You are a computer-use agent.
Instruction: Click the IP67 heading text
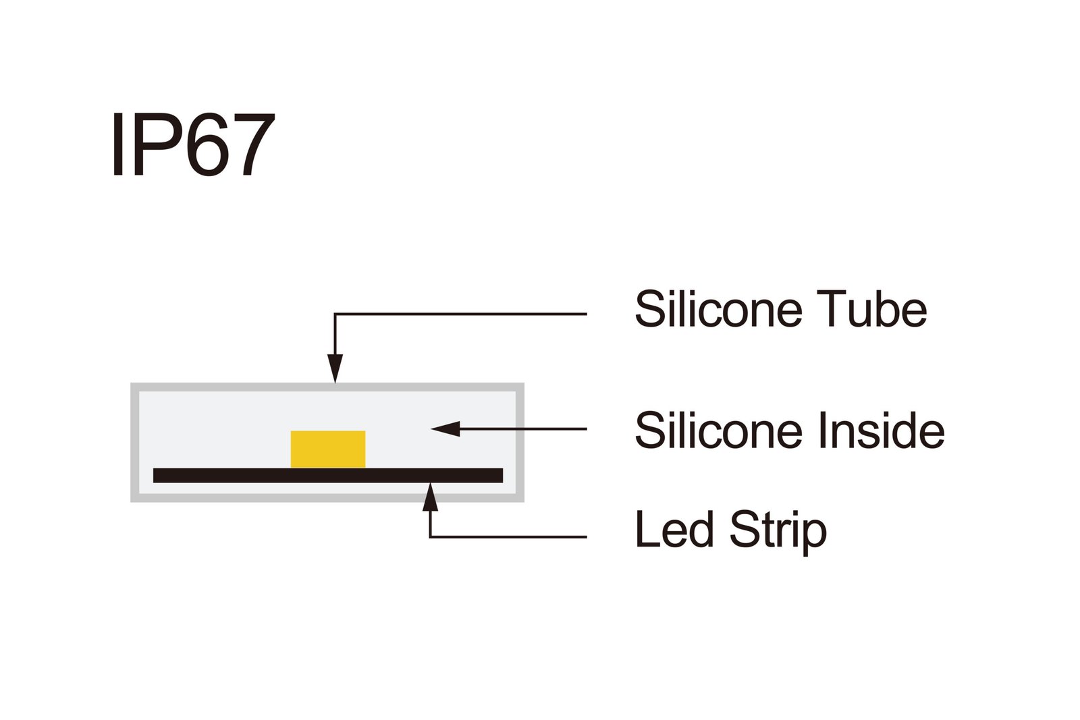[x=193, y=145]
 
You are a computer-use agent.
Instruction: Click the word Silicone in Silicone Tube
[x=719, y=310]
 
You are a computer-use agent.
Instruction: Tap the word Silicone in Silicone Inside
[x=719, y=431]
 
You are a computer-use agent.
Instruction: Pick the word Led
[x=674, y=530]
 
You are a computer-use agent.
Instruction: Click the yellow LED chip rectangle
[x=328, y=449]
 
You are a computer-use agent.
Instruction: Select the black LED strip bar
[x=328, y=475]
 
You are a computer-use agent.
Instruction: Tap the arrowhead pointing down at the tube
[x=335, y=369]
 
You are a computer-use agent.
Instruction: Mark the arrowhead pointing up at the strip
[x=430, y=497]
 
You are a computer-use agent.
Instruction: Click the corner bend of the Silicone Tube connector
[x=335, y=314]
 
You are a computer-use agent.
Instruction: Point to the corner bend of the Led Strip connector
[x=430, y=537]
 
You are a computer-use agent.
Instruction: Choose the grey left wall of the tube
[x=135, y=443]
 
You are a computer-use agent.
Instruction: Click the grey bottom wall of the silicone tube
[x=328, y=498]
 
